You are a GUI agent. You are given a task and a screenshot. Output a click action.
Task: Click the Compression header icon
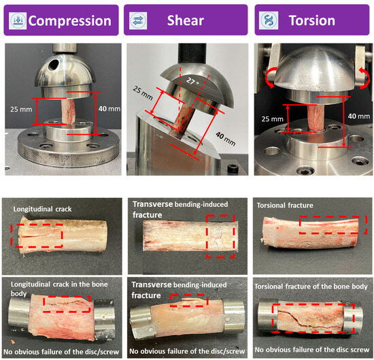pyautogui.click(x=18, y=21)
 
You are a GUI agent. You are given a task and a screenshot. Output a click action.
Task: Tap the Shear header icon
pyautogui.click(x=138, y=21)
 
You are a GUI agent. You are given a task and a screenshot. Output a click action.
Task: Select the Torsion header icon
pyautogui.click(x=269, y=20)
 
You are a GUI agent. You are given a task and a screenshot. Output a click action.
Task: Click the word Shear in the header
pyautogui.click(x=186, y=20)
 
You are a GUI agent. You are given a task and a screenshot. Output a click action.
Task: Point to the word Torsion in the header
pyautogui.click(x=312, y=20)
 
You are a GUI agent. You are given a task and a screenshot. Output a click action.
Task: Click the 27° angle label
pyautogui.click(x=192, y=82)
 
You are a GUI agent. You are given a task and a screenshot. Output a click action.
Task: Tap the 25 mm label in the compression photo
pyautogui.click(x=21, y=110)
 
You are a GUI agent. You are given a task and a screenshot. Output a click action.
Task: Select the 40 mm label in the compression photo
pyautogui.click(x=109, y=109)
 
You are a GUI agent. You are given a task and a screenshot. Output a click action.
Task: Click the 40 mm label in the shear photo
pyautogui.click(x=226, y=139)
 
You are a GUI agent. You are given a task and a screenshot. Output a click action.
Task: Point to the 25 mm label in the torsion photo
pyautogui.click(x=272, y=119)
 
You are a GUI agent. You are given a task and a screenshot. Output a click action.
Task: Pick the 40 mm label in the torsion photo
pyautogui.click(x=359, y=116)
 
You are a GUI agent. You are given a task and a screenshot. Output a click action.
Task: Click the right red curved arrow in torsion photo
pyautogui.click(x=364, y=78)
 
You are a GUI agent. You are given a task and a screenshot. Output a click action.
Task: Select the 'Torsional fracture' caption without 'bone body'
pyautogui.click(x=285, y=206)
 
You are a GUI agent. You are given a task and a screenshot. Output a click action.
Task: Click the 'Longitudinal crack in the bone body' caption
pyautogui.click(x=59, y=289)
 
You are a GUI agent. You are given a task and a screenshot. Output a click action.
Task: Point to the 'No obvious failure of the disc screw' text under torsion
pyautogui.click(x=312, y=350)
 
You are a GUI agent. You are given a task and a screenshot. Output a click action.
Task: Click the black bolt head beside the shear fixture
pyautogui.click(x=233, y=169)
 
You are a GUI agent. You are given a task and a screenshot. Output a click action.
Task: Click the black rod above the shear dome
pyautogui.click(x=192, y=54)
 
